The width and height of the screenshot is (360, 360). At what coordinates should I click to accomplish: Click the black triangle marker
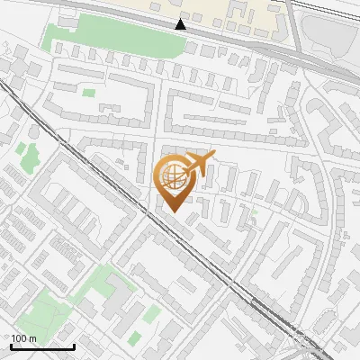coord(181,23)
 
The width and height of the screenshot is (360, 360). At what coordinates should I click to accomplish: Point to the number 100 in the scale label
coord(19,338)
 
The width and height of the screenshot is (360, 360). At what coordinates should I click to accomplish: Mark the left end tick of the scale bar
coord(11,346)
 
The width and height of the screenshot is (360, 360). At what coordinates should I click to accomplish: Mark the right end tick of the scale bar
coord(74,346)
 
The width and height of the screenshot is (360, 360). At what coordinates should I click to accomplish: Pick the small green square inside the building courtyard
coord(88,91)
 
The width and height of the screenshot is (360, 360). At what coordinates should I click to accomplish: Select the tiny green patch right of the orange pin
coord(254,213)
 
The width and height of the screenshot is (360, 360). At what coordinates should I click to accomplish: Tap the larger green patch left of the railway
coord(27,155)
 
